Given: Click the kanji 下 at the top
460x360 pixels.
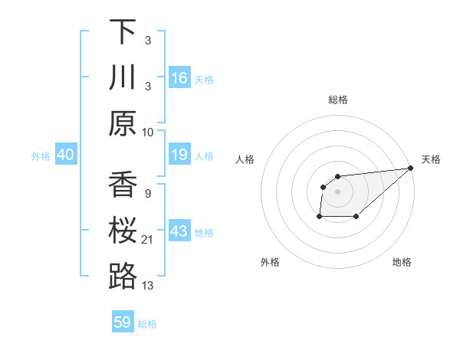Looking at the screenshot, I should (x=122, y=32).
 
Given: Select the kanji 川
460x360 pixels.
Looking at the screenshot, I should (x=122, y=77).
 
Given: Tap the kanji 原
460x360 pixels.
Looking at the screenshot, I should (x=122, y=123).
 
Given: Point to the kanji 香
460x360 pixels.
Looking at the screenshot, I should (x=122, y=185).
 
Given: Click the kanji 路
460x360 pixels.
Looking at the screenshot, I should (x=122, y=277).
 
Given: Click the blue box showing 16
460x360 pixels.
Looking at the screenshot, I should (x=179, y=78).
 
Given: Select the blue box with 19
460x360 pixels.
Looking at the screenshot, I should (x=179, y=155).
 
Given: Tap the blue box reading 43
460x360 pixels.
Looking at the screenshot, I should (x=179, y=231).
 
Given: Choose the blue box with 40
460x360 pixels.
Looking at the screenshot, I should (x=66, y=155).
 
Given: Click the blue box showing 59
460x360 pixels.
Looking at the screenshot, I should (x=123, y=322).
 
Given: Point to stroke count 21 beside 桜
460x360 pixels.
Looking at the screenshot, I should (x=149, y=241).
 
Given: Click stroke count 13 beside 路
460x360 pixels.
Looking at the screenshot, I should (x=149, y=286).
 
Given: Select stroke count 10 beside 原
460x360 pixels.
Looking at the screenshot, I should (x=149, y=133).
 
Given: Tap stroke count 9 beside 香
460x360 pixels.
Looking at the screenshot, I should (x=147, y=195).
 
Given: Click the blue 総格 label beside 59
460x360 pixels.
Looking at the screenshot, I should (x=148, y=324).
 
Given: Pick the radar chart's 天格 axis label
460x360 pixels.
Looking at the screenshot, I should (x=431, y=159).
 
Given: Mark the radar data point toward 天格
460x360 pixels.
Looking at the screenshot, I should (x=410, y=168).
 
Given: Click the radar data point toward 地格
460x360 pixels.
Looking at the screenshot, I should (x=356, y=217).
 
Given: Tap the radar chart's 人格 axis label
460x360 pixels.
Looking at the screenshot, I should (x=245, y=159).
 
